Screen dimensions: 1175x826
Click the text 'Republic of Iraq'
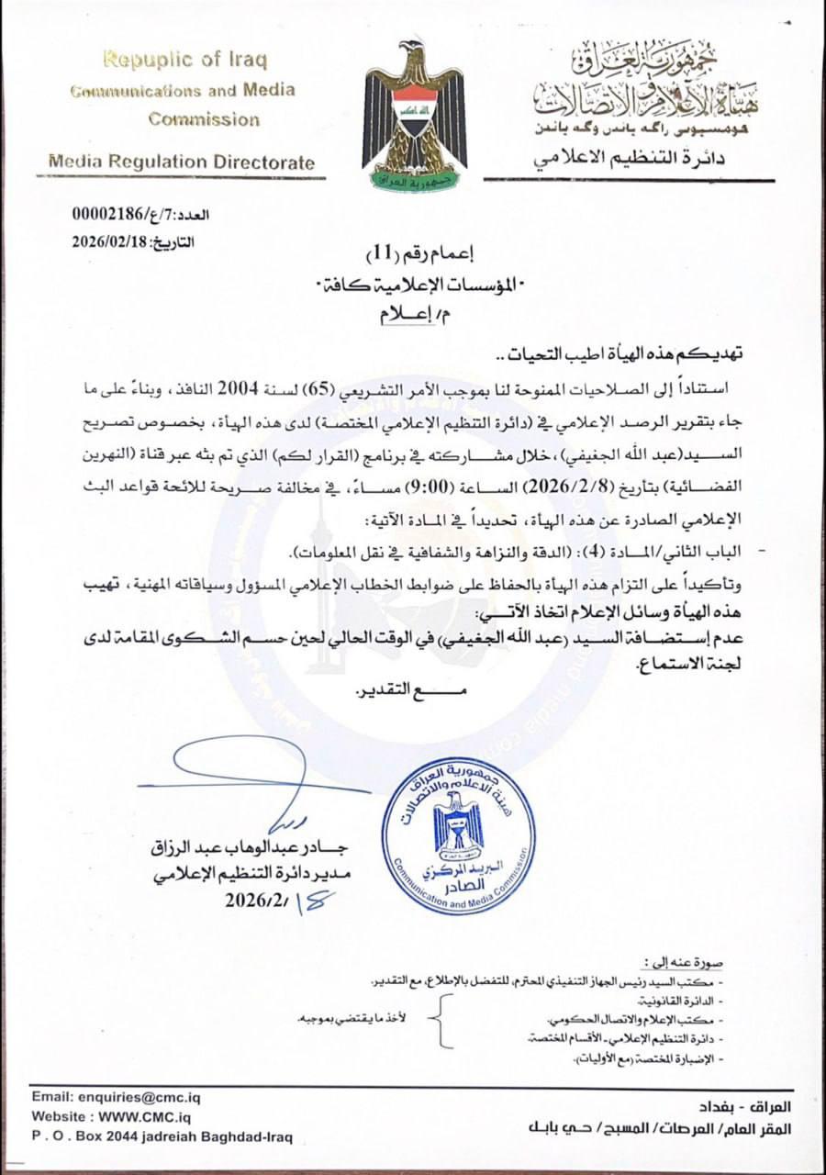click(x=184, y=61)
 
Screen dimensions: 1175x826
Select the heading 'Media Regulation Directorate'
click(x=181, y=162)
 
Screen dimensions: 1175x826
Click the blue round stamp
click(x=458, y=836)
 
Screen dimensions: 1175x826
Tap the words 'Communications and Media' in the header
click(x=183, y=90)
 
